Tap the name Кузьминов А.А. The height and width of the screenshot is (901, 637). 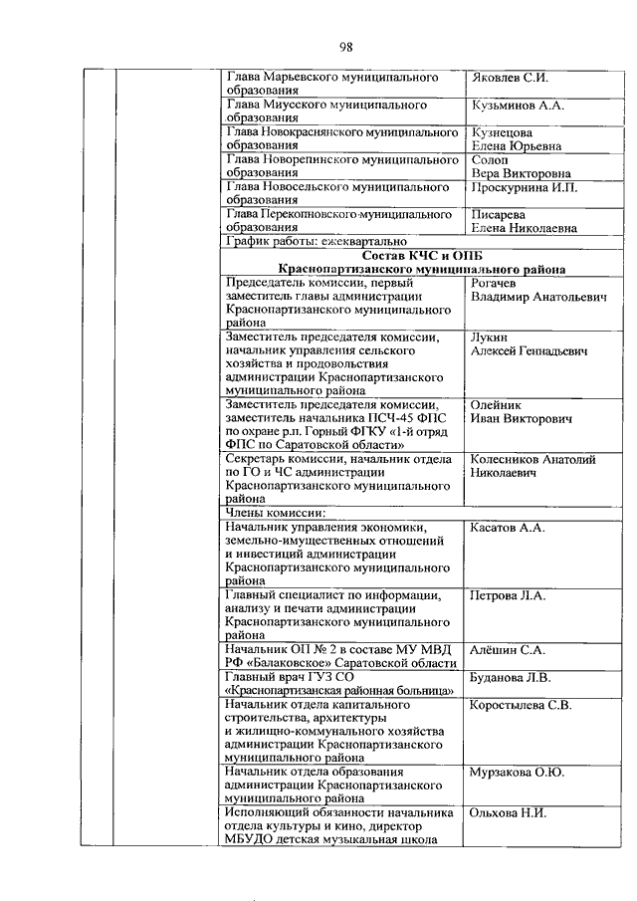tap(517, 105)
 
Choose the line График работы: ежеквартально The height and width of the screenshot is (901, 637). tap(317, 241)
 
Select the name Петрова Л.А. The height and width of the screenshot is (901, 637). tap(509, 595)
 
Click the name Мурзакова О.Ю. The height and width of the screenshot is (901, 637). tap(517, 773)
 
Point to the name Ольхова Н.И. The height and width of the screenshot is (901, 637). tap(508, 813)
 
